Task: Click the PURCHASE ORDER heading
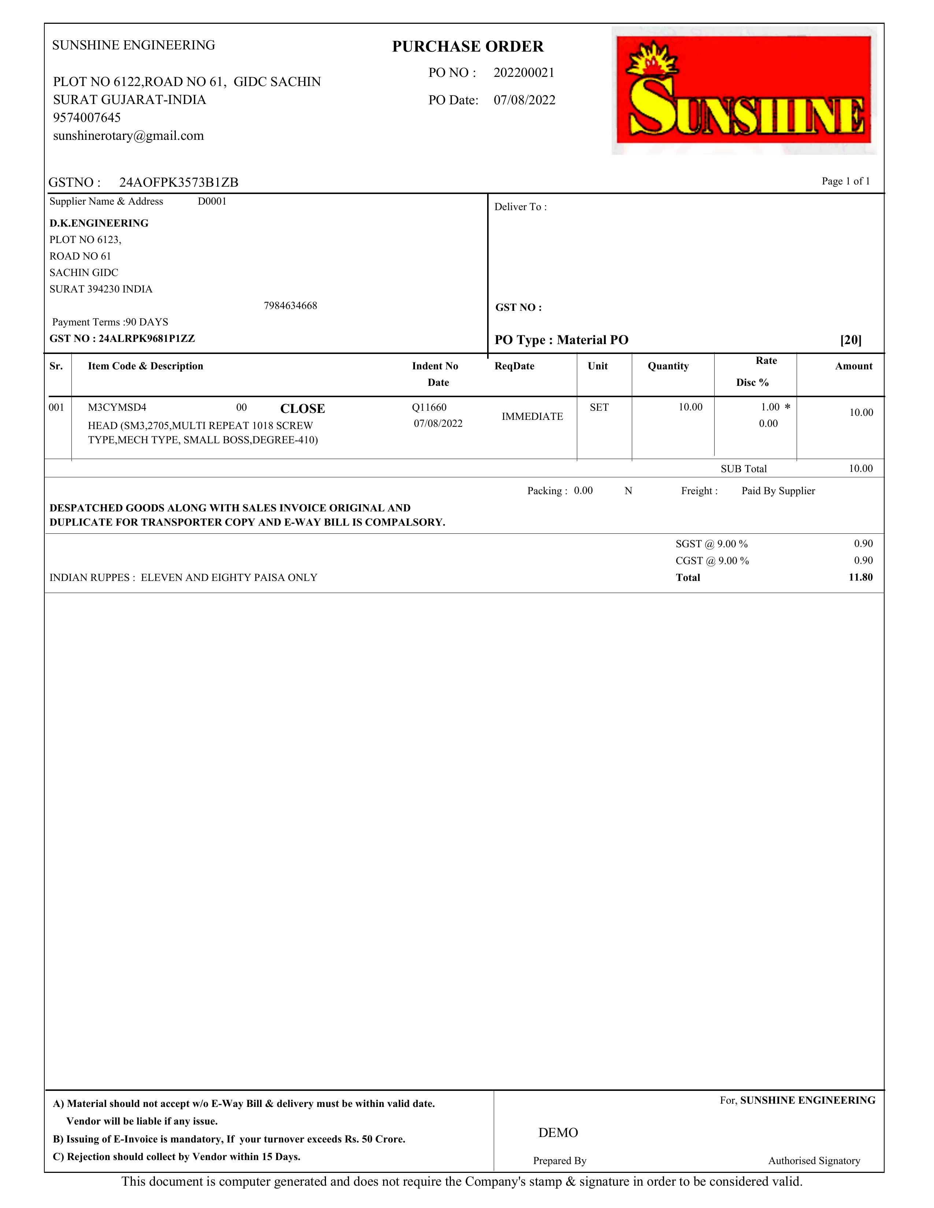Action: click(468, 46)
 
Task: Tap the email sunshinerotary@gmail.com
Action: click(128, 135)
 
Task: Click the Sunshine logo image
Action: click(744, 90)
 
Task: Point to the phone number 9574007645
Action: click(87, 117)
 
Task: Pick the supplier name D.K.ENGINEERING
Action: click(99, 223)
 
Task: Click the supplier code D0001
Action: click(212, 201)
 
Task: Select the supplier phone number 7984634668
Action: click(290, 305)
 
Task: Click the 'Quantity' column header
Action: click(668, 366)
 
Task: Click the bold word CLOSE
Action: click(302, 409)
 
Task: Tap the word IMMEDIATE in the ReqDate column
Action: click(532, 417)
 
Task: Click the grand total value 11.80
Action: click(860, 577)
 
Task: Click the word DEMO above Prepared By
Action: click(558, 1133)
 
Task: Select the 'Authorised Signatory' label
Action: click(814, 1160)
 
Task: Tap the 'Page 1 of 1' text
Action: click(845, 182)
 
